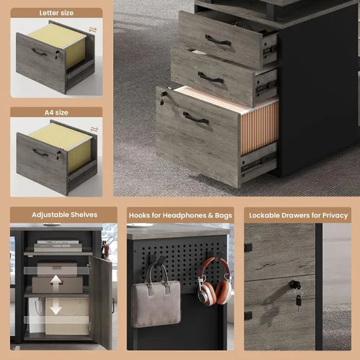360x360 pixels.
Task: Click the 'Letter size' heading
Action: tap(56, 13)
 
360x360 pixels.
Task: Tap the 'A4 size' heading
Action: tap(56, 112)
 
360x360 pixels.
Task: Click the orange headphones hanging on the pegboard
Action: tap(215, 282)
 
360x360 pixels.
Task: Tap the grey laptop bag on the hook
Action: tap(156, 297)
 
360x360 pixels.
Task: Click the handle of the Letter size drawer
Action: tap(40, 52)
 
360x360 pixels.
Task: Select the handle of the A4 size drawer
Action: tap(40, 153)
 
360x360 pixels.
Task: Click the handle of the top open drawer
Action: tap(218, 40)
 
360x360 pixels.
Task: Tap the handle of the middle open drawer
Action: tap(211, 78)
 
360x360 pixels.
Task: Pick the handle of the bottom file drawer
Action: tap(196, 118)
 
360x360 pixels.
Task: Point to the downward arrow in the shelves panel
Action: tap(56, 308)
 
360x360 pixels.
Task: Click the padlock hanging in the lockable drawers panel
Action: tap(299, 301)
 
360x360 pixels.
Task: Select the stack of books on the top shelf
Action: tap(58, 246)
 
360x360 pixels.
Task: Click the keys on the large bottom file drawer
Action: tap(163, 99)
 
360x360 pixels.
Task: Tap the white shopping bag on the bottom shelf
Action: tap(37, 315)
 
